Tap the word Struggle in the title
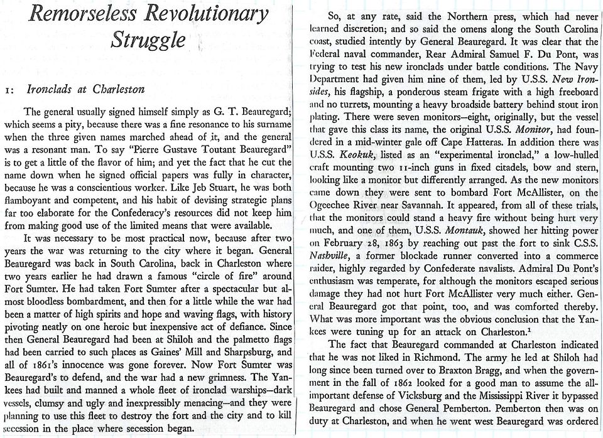pyautogui.click(x=148, y=40)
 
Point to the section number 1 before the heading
pyautogui.click(x=8, y=90)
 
